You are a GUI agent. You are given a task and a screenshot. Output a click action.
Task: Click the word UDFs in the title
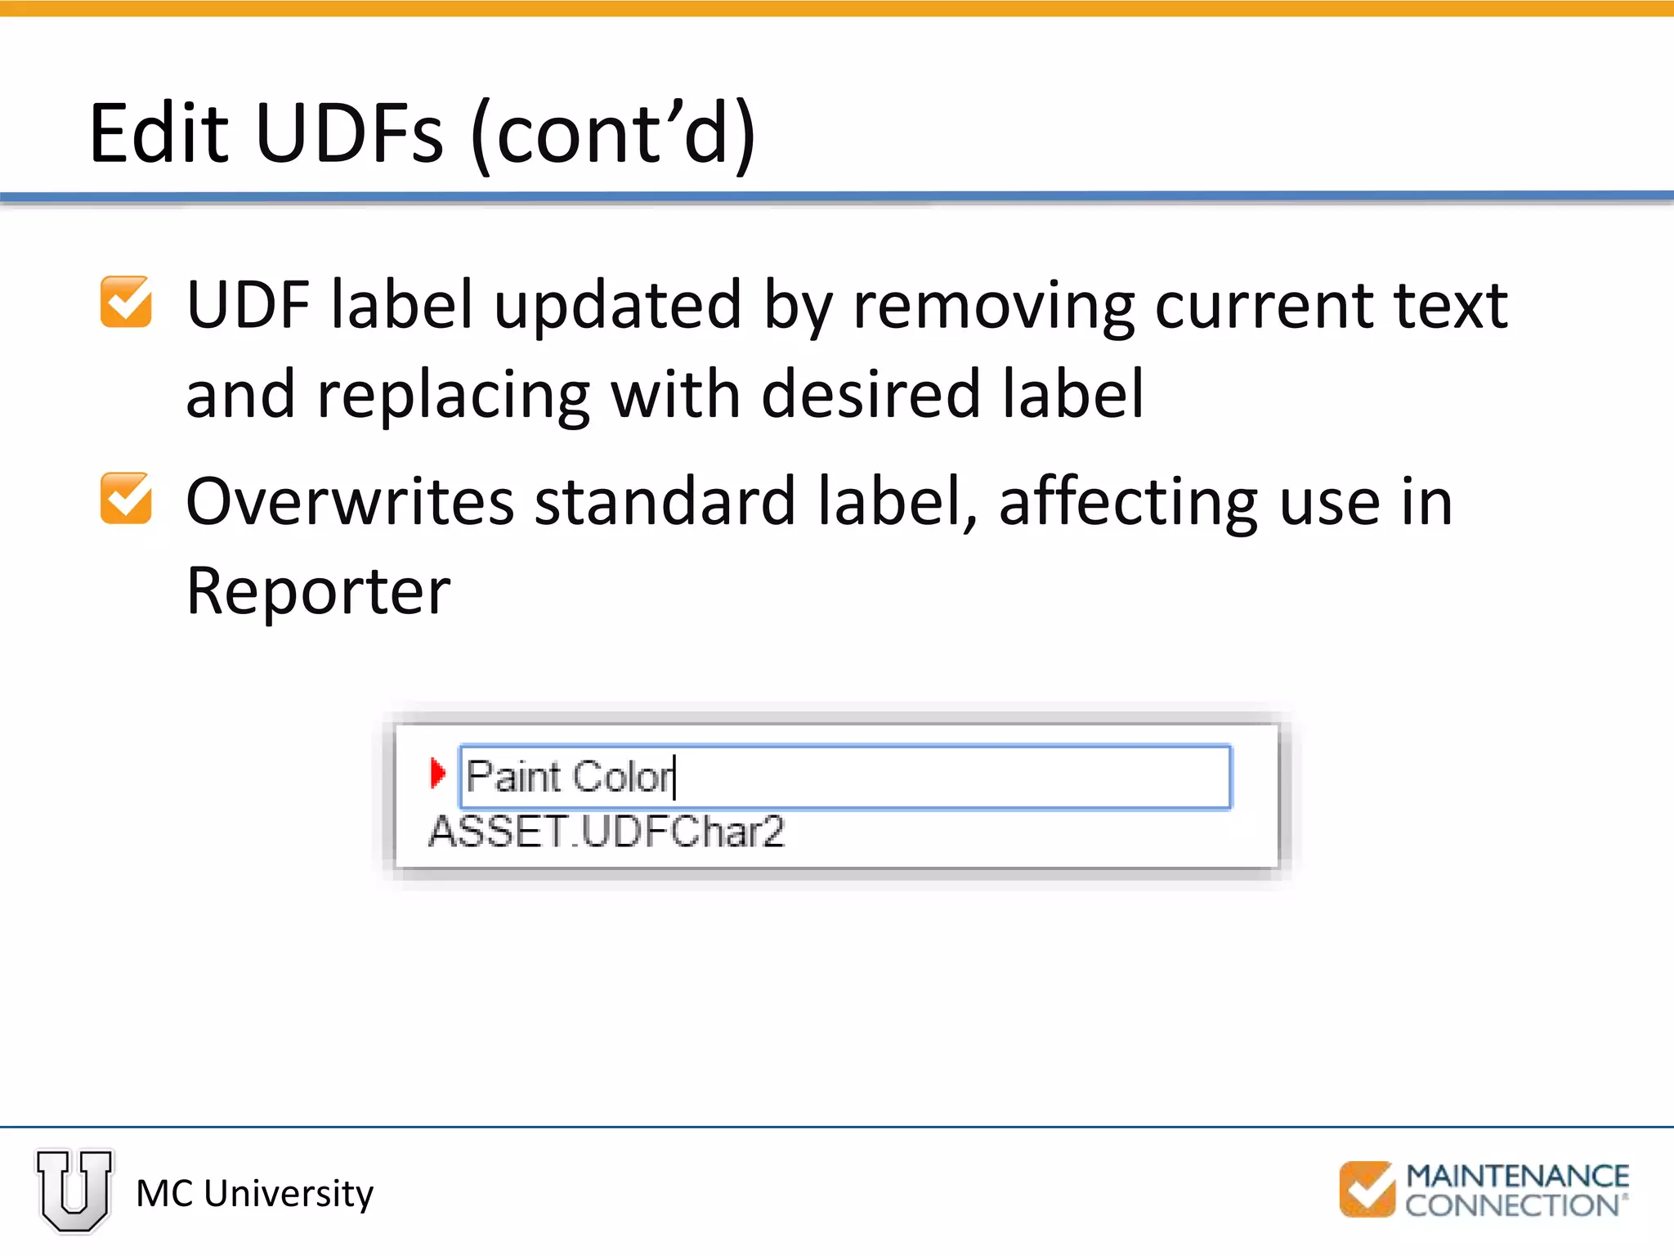click(349, 133)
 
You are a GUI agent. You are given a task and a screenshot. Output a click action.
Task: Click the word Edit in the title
click(159, 133)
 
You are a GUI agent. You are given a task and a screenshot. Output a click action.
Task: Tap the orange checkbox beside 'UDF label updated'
click(126, 302)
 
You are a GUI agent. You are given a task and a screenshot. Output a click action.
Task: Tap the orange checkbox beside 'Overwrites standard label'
click(126, 498)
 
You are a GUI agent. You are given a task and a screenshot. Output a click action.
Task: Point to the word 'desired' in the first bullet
click(871, 395)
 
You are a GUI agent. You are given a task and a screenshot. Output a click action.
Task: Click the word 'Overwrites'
click(350, 501)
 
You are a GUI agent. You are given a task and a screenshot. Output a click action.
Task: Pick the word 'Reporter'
click(318, 591)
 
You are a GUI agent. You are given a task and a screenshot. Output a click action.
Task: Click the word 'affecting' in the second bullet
click(1129, 501)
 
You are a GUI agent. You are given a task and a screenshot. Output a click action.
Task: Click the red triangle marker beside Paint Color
click(438, 773)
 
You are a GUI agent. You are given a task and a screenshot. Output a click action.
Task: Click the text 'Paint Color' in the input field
click(570, 776)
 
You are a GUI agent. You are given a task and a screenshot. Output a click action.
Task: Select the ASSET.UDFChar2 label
click(606, 832)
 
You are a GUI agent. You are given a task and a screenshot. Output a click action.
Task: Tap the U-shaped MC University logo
click(74, 1190)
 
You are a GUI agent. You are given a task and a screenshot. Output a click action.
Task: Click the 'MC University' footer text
click(254, 1193)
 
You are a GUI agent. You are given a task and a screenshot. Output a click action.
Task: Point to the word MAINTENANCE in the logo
click(1517, 1176)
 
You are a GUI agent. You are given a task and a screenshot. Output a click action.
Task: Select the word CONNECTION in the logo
click(1512, 1205)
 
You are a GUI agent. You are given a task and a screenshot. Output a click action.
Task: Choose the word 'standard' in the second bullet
click(665, 501)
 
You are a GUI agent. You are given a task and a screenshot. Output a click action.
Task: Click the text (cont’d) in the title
click(614, 133)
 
